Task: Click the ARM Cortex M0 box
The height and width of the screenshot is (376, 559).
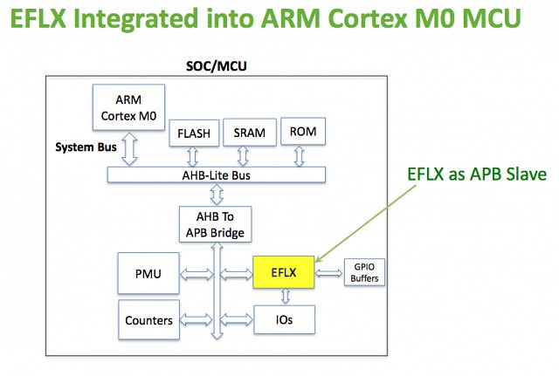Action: click(128, 107)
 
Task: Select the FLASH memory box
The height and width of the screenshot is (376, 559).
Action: click(194, 133)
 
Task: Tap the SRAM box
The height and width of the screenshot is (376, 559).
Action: click(250, 133)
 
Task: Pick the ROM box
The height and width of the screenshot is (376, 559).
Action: click(303, 132)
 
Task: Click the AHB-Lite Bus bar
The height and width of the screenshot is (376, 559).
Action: click(217, 174)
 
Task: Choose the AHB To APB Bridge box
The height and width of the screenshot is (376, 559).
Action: click(216, 224)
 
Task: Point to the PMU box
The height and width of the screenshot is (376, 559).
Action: click(148, 273)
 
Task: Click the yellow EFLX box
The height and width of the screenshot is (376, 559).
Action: click(284, 272)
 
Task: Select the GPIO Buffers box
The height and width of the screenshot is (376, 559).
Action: click(364, 272)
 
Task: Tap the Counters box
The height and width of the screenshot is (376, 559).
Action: click(148, 320)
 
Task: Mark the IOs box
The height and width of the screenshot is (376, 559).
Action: click(284, 319)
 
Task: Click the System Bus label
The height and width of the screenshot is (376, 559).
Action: click(86, 147)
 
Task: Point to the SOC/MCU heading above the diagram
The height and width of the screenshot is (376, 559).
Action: click(217, 66)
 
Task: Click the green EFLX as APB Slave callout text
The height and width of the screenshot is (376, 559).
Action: click(477, 174)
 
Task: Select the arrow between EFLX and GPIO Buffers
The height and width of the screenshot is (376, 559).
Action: click(328, 273)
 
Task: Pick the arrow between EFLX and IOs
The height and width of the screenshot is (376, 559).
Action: click(286, 297)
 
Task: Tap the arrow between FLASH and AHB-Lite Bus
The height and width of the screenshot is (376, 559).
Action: click(192, 157)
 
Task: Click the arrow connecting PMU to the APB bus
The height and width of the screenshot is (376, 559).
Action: click(196, 274)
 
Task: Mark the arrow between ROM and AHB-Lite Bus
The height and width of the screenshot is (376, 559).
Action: click(300, 156)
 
